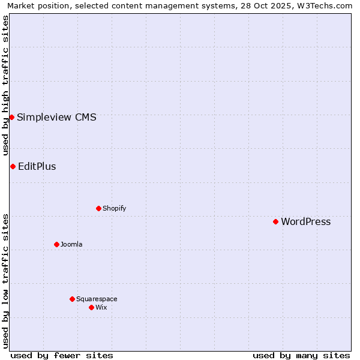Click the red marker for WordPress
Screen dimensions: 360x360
[x=275, y=221]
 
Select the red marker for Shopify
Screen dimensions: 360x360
[x=98, y=208]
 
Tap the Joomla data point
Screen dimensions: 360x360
[x=56, y=244]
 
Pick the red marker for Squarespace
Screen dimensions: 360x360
[x=72, y=299]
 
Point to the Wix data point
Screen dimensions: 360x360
[x=91, y=307]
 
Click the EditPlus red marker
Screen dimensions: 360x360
[x=13, y=166]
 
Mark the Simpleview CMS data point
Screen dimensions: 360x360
[x=11, y=117]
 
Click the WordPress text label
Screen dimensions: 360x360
[x=305, y=222]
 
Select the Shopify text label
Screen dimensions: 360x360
[x=114, y=209]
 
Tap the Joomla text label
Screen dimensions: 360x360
[x=71, y=245]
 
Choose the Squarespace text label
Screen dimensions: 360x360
[x=97, y=299]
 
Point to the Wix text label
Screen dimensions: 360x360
[x=101, y=308]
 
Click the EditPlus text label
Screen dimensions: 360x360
[x=37, y=167]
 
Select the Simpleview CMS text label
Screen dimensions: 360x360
[x=56, y=118]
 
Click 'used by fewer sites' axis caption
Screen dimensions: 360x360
[x=62, y=355]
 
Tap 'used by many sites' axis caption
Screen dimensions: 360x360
[x=301, y=355]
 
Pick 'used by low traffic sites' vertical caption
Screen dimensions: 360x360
[x=6, y=281]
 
